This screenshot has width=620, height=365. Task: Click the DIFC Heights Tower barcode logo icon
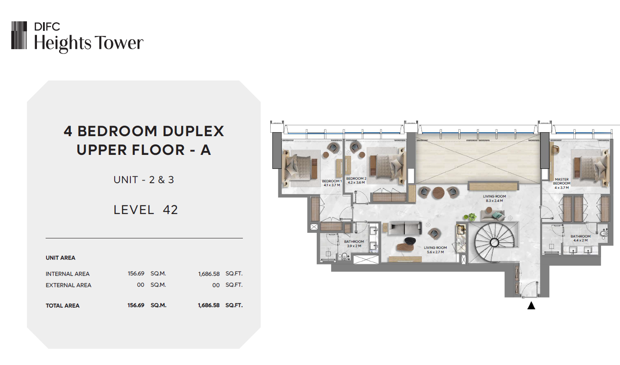(19, 36)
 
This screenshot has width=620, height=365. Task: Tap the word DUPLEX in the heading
(193, 131)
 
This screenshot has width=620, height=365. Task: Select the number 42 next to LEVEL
(170, 210)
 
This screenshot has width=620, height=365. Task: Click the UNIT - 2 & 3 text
(144, 180)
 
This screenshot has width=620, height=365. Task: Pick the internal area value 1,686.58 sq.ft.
(209, 274)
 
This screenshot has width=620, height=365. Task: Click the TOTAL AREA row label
(63, 305)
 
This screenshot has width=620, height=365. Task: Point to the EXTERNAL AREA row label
(68, 285)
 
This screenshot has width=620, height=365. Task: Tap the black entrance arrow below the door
(531, 305)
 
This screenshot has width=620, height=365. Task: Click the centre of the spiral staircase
(494, 242)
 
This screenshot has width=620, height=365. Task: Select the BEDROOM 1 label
(332, 183)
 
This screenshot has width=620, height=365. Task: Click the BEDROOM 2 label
(356, 181)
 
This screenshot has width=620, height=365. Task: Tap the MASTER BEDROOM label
(562, 184)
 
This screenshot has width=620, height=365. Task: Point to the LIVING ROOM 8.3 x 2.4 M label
(494, 198)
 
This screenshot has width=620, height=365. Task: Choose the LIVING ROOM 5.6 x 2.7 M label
(435, 250)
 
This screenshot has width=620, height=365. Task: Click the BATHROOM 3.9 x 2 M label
(354, 244)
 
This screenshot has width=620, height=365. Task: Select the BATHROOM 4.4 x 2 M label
(580, 238)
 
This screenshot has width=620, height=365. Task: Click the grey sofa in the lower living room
(404, 228)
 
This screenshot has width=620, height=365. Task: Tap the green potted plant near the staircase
(471, 217)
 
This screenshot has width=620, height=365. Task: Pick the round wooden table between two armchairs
(438, 193)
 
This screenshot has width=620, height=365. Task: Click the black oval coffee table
(410, 241)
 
